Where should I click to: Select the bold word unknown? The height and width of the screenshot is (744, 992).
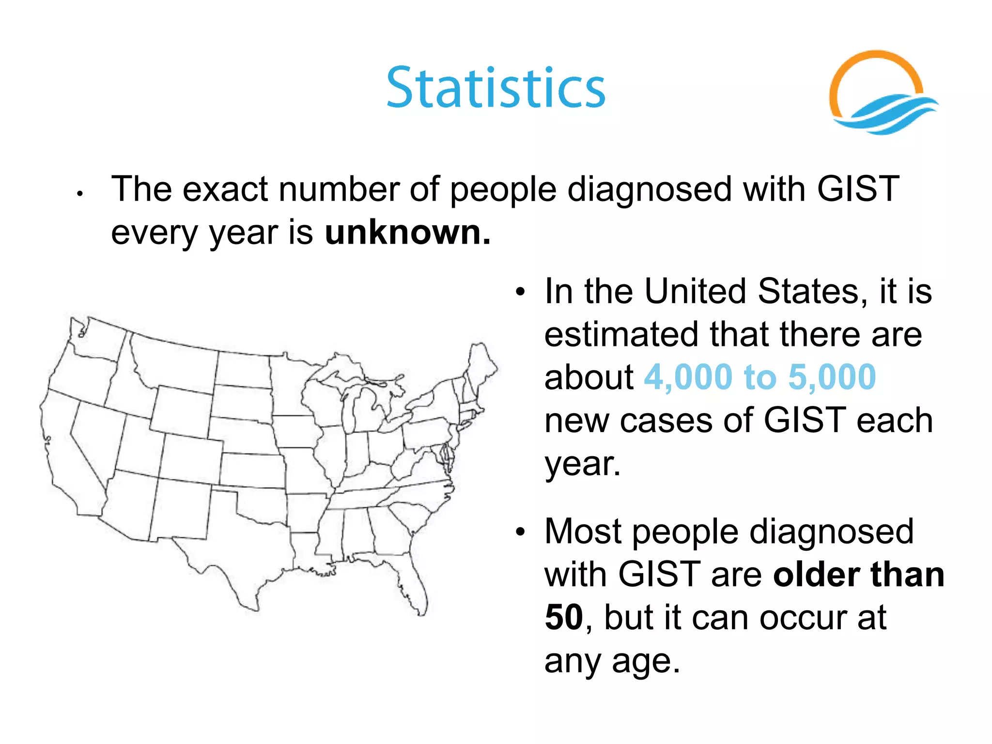(407, 232)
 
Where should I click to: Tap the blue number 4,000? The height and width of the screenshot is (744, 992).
(688, 377)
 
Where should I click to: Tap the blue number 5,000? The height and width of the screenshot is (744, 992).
(832, 377)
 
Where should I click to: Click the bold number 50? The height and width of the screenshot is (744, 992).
(563, 618)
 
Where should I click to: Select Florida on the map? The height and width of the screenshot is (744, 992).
(412, 581)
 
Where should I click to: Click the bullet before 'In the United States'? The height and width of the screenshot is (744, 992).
(520, 292)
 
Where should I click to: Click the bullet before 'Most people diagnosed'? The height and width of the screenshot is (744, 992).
(520, 532)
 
